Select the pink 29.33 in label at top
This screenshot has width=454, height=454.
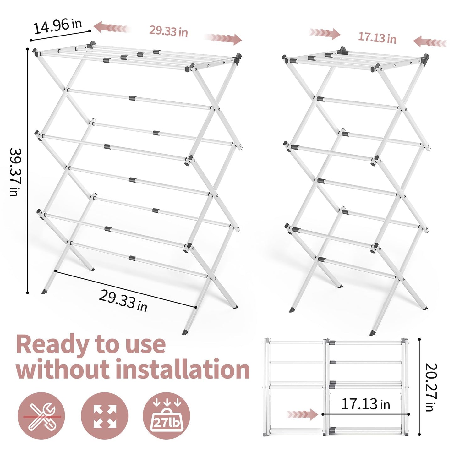pyautogui.click(x=168, y=31)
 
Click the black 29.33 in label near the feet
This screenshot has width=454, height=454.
pyautogui.click(x=123, y=301)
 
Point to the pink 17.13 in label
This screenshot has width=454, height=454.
pyautogui.click(x=377, y=38)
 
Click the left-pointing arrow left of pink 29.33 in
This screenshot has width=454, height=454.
pyautogui.click(x=112, y=28)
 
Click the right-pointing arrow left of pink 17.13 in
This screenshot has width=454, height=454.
pyautogui.click(x=325, y=33)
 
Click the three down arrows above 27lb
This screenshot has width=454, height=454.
pyautogui.click(x=166, y=402)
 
